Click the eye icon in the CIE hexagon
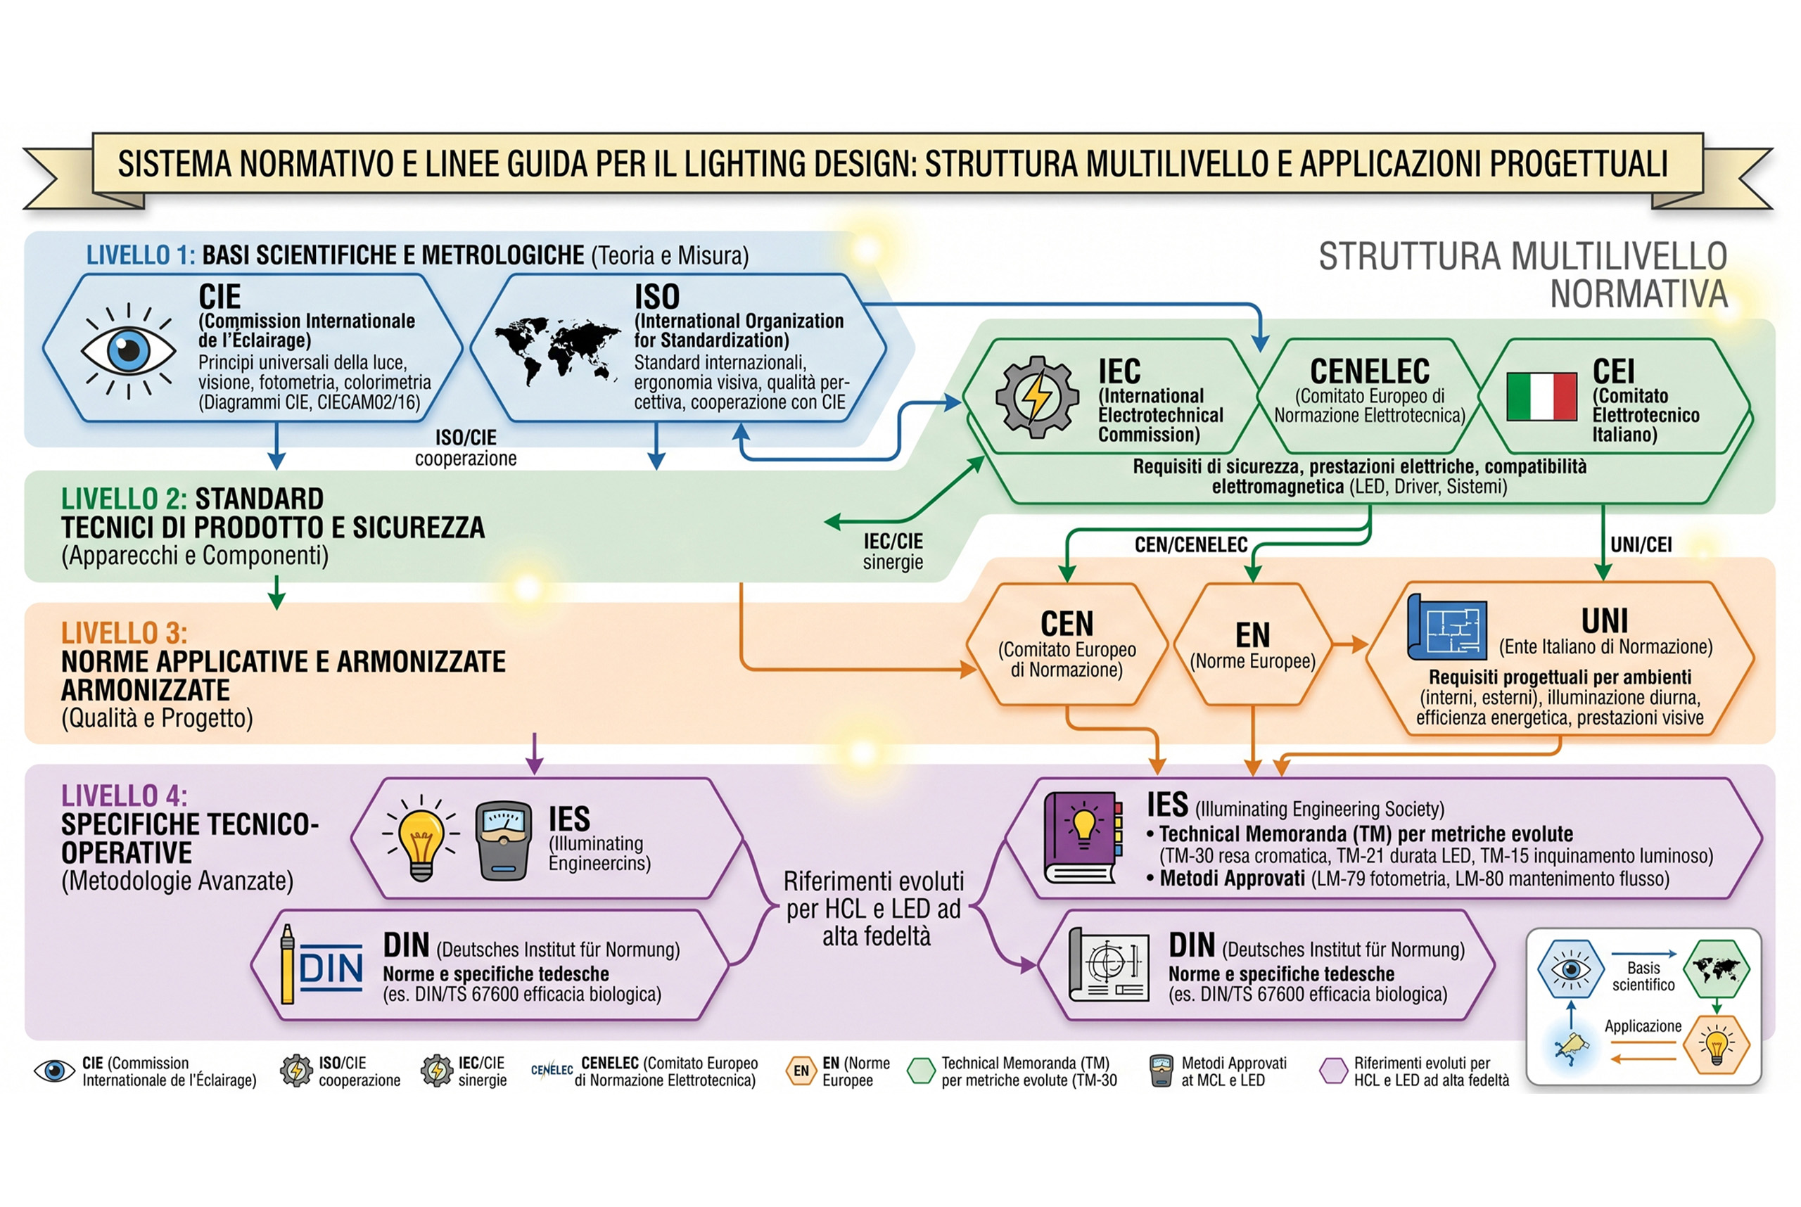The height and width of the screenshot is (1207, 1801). point(129,351)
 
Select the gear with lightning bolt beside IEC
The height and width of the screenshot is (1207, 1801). point(1036,397)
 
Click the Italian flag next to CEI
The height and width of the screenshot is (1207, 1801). point(1541,397)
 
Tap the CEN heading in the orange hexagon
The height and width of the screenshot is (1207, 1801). point(1067,623)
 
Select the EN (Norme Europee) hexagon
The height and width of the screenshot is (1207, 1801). point(1253,644)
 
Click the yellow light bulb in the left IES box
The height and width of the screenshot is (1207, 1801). point(421,837)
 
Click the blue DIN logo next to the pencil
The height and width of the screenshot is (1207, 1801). point(331,968)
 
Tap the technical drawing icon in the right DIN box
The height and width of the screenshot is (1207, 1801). point(1109,965)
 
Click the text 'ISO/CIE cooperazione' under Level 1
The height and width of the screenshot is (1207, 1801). point(466,448)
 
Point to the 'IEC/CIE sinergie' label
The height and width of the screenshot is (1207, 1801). point(893,551)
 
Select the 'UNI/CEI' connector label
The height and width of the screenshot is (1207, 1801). point(1641,545)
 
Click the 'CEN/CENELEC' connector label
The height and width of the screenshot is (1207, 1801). point(1190,545)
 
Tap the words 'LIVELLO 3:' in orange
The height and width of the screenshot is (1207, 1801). point(124,633)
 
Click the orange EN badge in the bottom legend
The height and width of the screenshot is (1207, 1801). point(801,1071)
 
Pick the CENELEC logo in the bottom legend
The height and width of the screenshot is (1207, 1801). point(552,1070)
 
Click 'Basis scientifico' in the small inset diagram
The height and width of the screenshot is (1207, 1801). point(1643,976)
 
